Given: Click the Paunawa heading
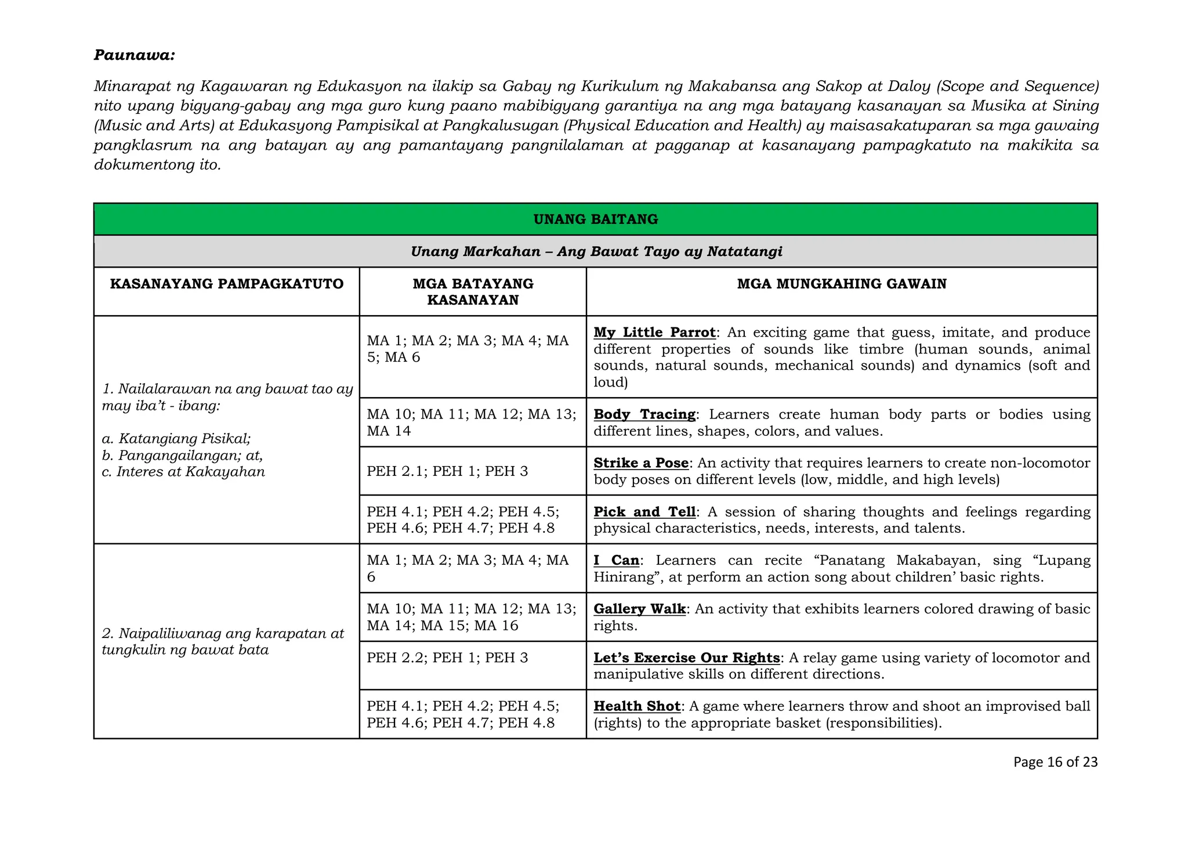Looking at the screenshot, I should coord(134,55).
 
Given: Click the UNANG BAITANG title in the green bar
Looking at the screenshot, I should coord(595,219).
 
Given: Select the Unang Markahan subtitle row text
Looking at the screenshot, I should coord(596,251).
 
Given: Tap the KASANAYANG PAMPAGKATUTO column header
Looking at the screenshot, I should coord(227,284).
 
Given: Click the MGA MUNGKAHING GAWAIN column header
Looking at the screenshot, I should coord(841,284).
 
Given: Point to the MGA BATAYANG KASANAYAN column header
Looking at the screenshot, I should coord(473,291).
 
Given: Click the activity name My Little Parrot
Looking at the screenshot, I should coord(654,333).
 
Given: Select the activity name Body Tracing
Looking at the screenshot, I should coord(644,414).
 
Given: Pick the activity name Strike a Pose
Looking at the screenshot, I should coord(641,463).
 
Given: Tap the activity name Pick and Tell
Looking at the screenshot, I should coord(644,512).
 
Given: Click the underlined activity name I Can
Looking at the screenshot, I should coord(616,561).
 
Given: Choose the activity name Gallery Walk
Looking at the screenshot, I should coord(639,609).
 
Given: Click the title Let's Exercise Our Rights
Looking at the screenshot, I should coord(686,658).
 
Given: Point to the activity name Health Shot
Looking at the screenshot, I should coord(636,706).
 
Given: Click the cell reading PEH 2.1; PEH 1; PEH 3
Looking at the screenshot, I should coord(447,471).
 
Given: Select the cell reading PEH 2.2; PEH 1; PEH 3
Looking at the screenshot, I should coord(447,658).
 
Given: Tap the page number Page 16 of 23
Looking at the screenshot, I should coord(1055,762).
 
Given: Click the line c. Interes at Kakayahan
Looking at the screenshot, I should coord(183,472).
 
